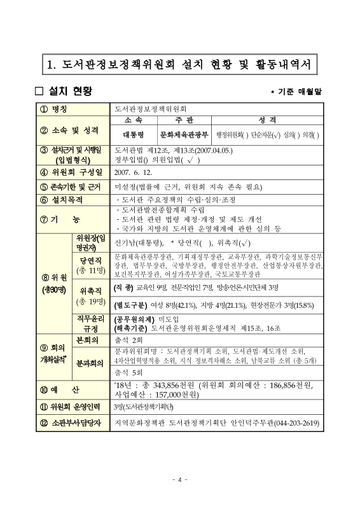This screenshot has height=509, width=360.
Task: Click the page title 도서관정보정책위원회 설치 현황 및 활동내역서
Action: [x=179, y=64]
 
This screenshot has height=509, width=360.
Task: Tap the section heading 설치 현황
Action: [x=64, y=91]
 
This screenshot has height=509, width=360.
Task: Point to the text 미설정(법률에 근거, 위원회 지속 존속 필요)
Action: [x=188, y=186]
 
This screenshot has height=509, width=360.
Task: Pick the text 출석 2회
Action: [x=128, y=340]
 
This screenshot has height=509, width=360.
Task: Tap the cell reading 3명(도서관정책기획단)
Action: [x=144, y=405]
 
